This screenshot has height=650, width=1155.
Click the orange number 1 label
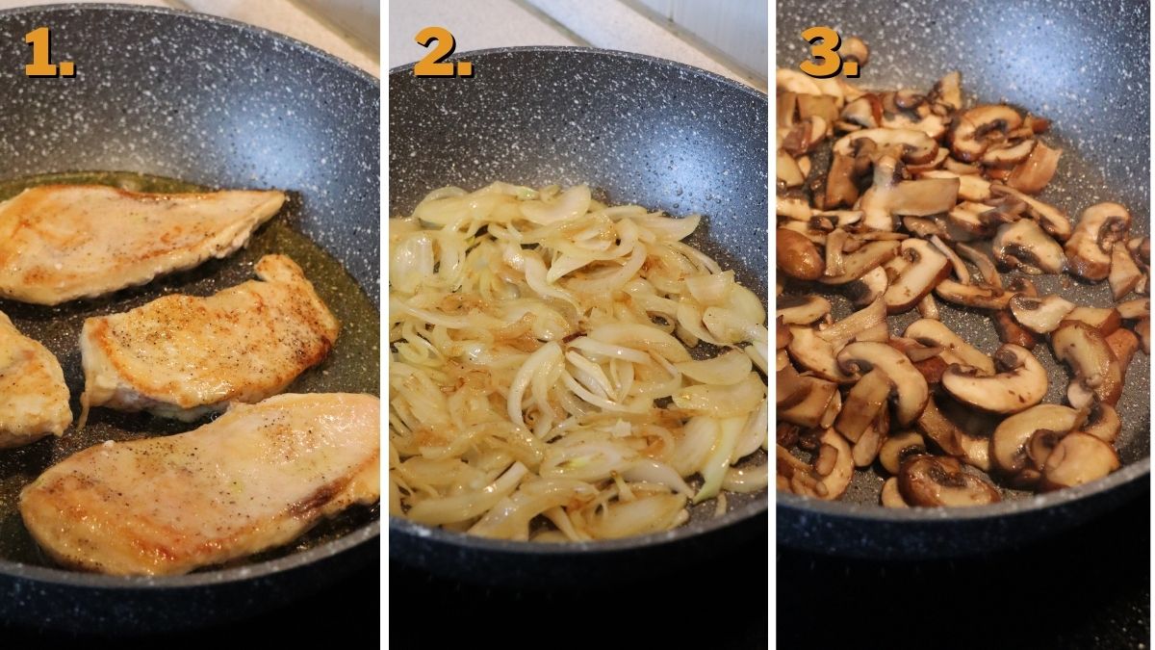click(x=49, y=52)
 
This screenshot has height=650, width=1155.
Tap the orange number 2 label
click(x=443, y=52)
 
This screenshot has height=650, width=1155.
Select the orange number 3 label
click(x=829, y=52)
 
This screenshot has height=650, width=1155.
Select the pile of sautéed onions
click(x=577, y=361)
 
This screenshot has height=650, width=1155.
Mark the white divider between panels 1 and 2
click(x=385, y=325)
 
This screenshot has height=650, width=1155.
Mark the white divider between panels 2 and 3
click(x=772, y=325)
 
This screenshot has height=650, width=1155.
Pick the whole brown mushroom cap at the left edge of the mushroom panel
click(x=798, y=254)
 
